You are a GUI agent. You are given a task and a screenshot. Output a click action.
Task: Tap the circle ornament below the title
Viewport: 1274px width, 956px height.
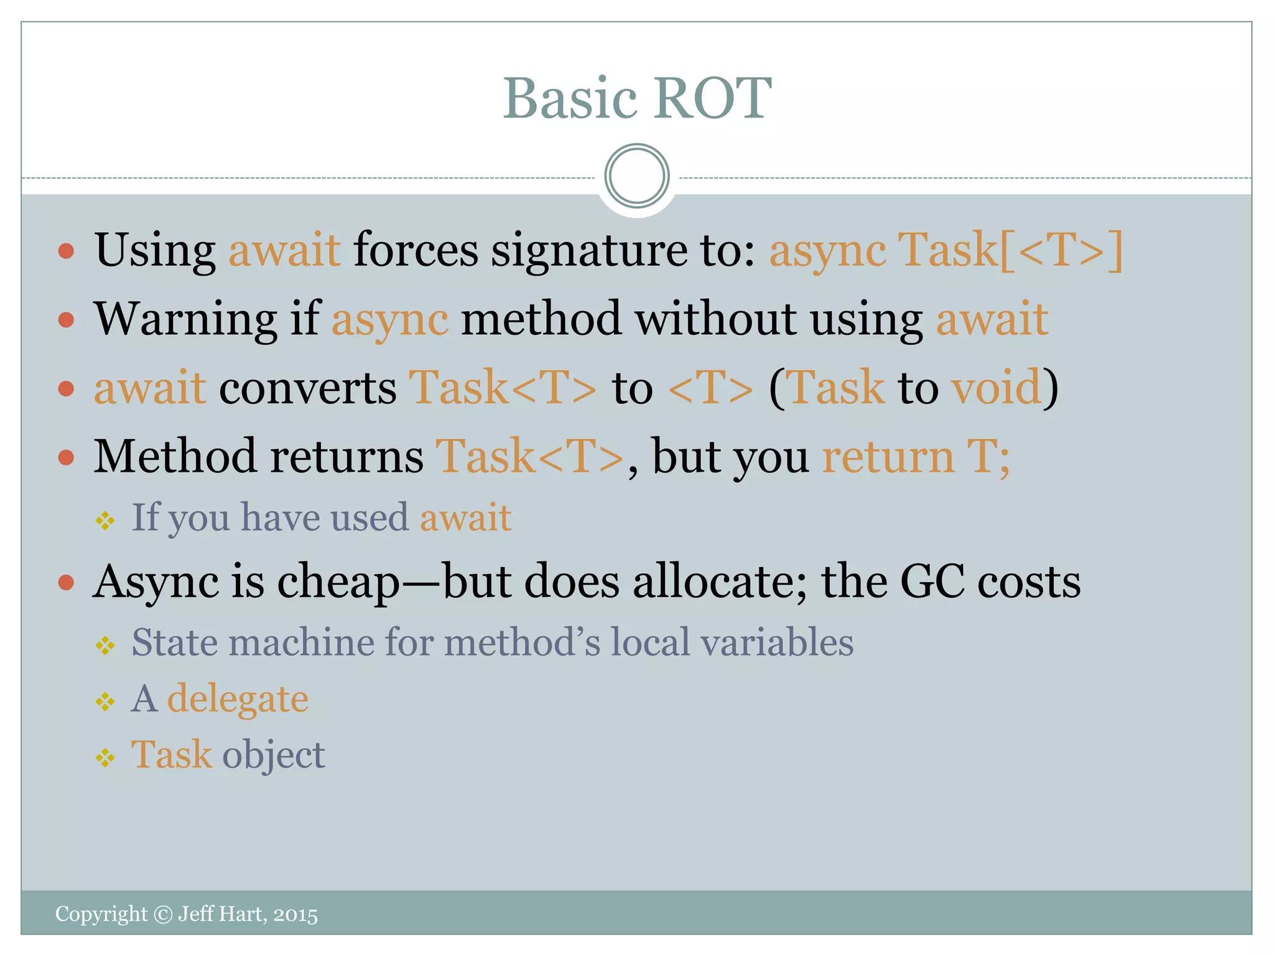coord(636,176)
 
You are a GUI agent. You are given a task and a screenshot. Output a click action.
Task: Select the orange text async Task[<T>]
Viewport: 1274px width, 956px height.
coord(946,250)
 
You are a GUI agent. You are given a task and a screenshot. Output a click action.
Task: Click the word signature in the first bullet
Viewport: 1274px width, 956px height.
coord(588,250)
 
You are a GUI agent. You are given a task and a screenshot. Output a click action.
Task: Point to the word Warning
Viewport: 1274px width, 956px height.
coord(185,319)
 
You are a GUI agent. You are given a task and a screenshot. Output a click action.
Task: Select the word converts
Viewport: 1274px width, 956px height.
coord(307,388)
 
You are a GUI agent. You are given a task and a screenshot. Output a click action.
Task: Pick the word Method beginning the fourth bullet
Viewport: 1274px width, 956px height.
coord(175,457)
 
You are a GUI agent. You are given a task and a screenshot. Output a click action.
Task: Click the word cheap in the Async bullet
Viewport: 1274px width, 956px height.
coord(338,583)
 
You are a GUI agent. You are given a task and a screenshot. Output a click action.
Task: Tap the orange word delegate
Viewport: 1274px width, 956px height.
coord(238,699)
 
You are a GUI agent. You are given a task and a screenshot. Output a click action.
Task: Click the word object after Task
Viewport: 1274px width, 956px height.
coord(274,755)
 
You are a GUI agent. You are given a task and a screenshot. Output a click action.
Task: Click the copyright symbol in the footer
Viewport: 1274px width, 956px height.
coord(162,914)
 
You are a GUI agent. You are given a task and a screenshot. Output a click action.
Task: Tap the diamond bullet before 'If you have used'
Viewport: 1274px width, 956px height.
coord(105,520)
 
